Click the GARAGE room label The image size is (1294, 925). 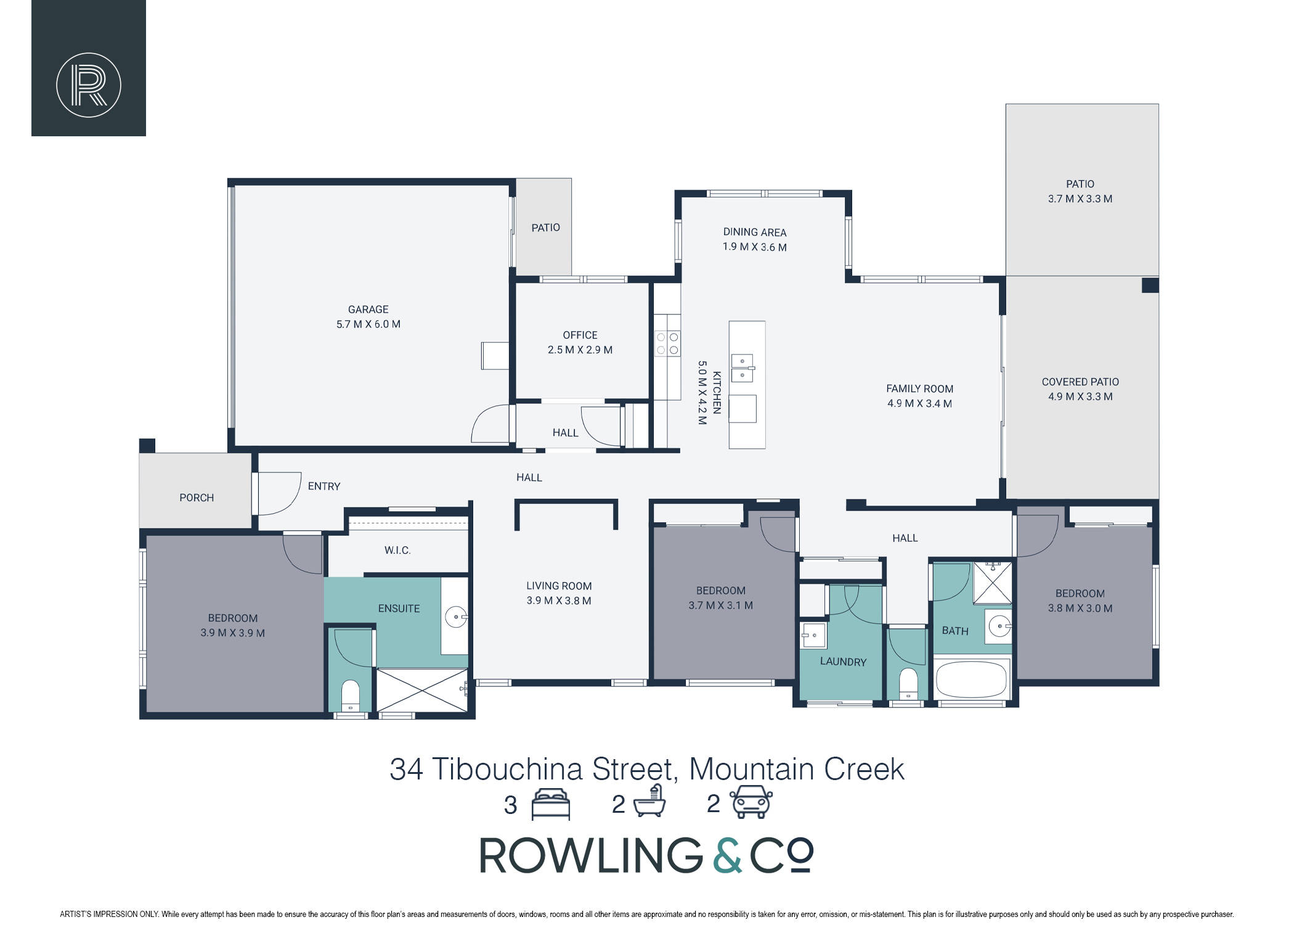(368, 310)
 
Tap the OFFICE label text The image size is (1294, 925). (580, 335)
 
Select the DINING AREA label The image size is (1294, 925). (755, 232)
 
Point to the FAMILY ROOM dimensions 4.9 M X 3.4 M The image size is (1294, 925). (919, 404)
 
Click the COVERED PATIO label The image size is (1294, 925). (1080, 382)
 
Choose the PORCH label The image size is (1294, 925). (197, 498)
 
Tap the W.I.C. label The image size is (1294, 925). (397, 550)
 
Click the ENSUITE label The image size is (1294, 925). (399, 609)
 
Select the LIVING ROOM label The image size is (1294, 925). (559, 586)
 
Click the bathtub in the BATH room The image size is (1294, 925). (971, 680)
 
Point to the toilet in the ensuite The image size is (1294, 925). (350, 696)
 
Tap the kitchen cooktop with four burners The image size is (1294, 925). (667, 343)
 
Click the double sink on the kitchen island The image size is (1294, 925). (743, 368)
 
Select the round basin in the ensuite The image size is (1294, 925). (456, 617)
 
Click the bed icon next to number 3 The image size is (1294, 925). (550, 804)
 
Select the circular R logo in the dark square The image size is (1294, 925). (89, 85)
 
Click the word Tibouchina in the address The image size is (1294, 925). (507, 770)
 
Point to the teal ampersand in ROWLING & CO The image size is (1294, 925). (728, 855)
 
